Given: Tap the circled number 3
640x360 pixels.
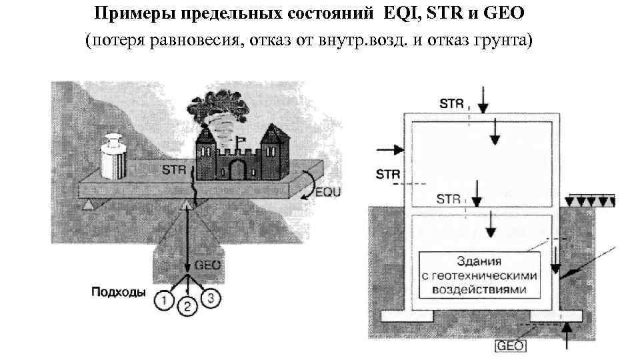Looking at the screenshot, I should [210, 297].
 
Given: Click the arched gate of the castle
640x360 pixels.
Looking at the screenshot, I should [237, 168].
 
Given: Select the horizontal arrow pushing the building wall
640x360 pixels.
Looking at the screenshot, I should [387, 149].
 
